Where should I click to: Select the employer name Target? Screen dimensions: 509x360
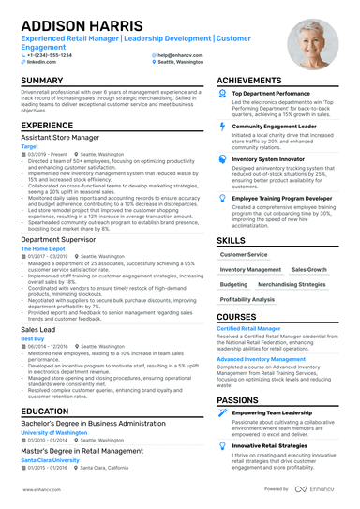tap(30, 146)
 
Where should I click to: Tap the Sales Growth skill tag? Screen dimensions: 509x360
tap(309, 269)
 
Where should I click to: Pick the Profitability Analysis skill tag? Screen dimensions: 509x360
tap(247, 299)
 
